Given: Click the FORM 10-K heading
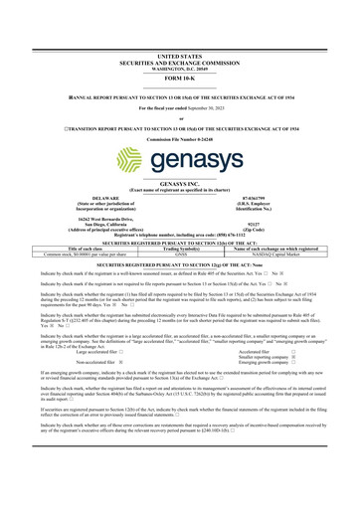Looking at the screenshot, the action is point(180,51).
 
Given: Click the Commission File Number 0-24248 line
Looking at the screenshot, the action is point(180,133).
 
